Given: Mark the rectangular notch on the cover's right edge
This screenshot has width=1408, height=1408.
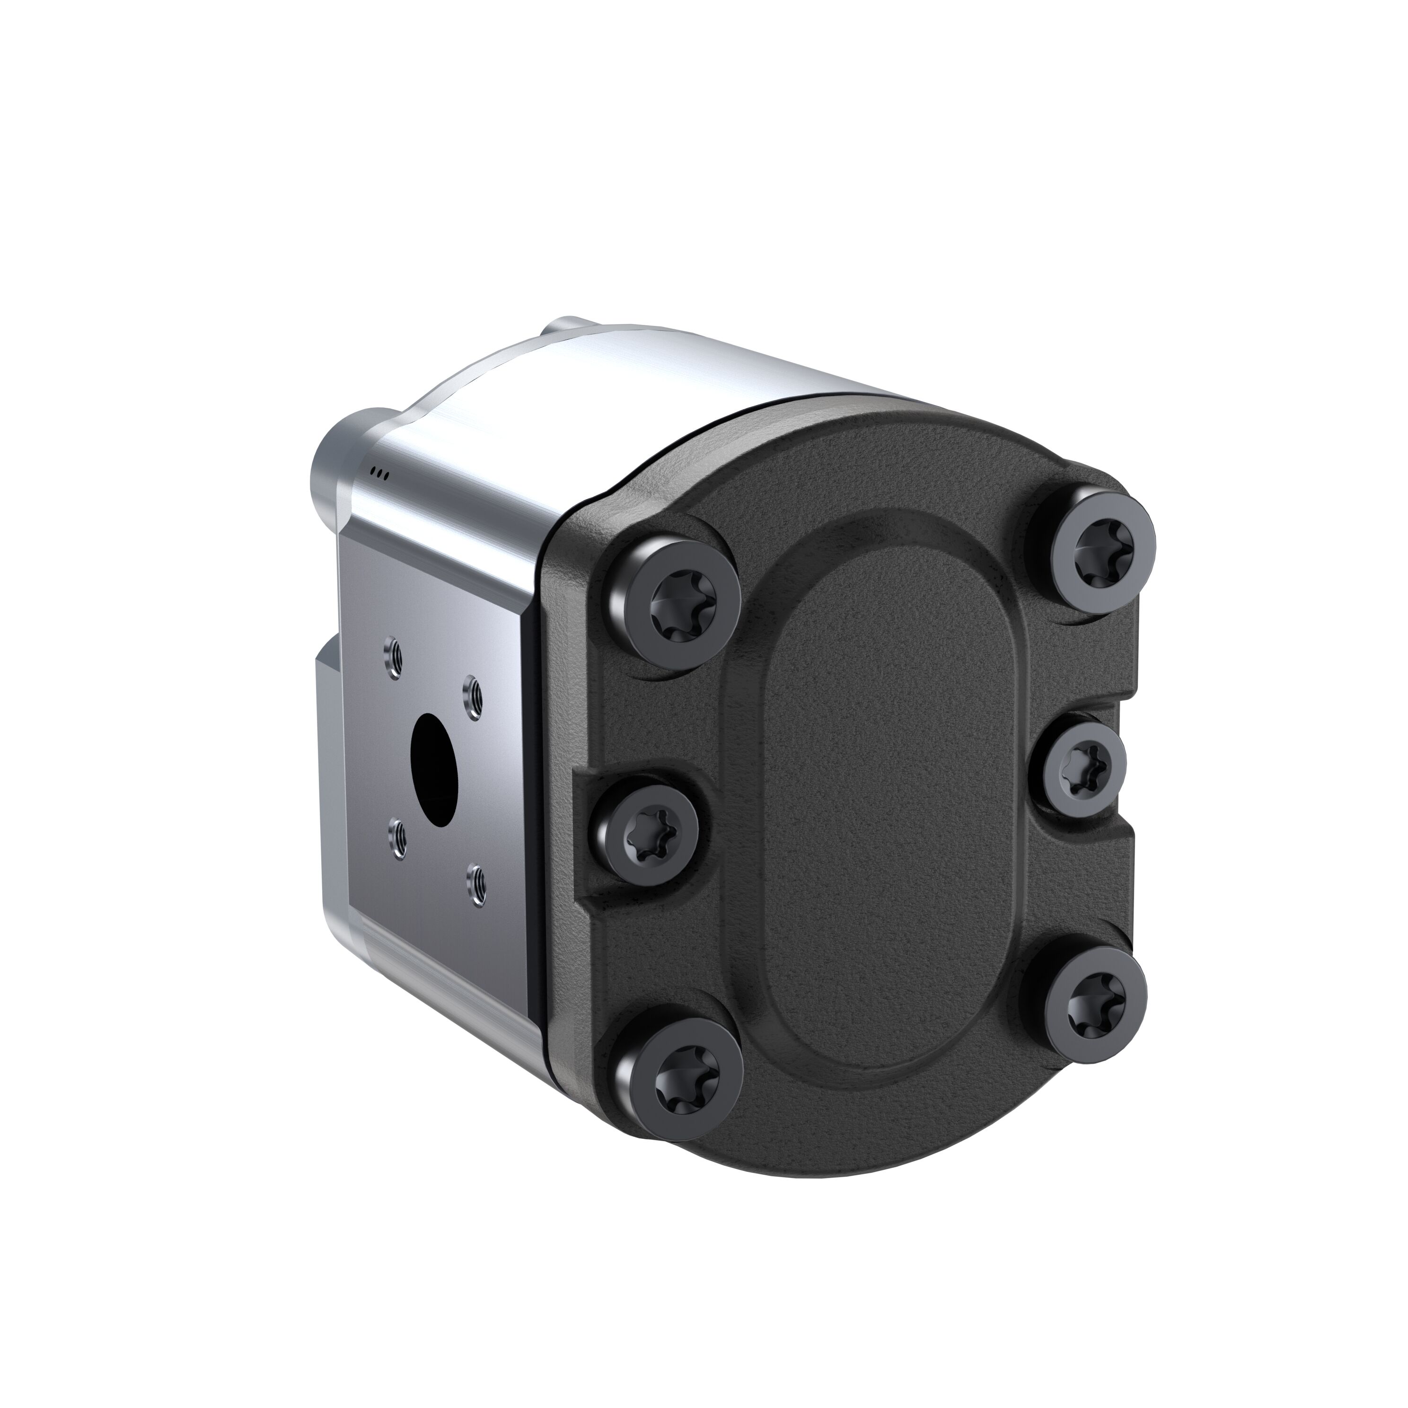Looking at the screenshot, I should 1126,765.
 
